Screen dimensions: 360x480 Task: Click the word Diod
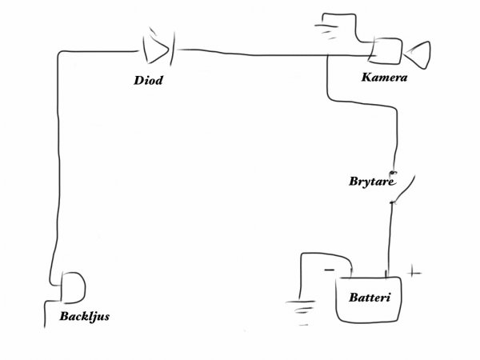150,80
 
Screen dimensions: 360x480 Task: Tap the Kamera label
385,78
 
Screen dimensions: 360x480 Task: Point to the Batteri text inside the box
369,298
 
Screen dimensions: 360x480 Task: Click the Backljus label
84,317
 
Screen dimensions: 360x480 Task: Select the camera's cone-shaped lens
419,54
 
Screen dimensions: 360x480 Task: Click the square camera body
386,51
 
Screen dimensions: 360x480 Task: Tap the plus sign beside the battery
414,273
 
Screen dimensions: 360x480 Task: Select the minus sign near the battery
329,270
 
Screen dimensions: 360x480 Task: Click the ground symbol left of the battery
302,304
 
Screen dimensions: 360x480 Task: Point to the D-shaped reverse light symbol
73,284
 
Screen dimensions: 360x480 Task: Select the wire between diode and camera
264,54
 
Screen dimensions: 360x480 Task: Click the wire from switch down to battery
390,240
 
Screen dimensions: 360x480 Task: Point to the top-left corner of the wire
59,54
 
